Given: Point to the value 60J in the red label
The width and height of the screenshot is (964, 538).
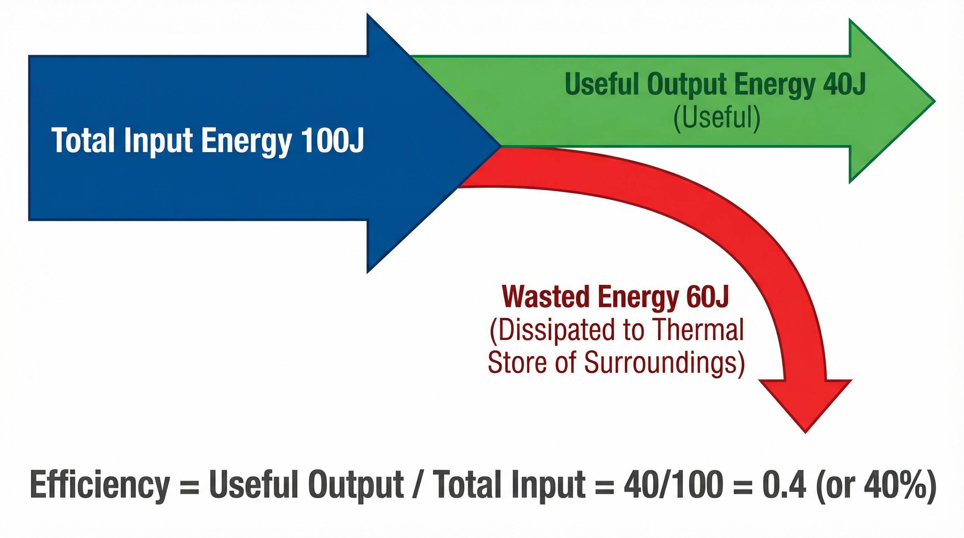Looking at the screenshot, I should [x=708, y=297].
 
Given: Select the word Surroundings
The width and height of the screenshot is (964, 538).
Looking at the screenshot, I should [x=664, y=363].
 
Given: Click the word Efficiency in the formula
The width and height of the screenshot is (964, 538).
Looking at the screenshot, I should [x=99, y=485].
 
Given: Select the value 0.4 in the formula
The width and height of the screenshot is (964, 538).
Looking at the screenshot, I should [x=784, y=485].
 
